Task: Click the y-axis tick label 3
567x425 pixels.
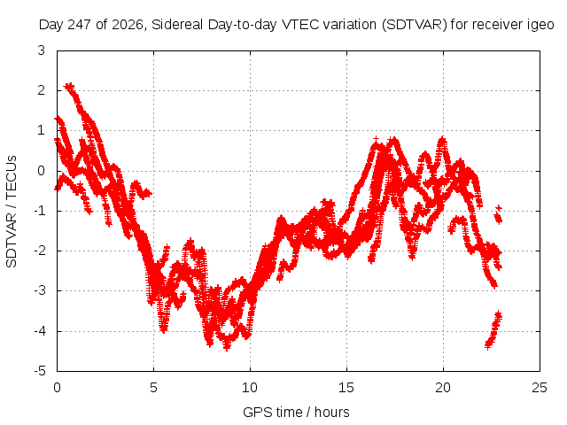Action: tap(42, 50)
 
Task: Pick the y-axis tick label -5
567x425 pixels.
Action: tap(40, 371)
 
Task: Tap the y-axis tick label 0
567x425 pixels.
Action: tap(42, 171)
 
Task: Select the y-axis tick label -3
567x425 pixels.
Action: tap(40, 290)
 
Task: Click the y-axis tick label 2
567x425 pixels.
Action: tap(42, 90)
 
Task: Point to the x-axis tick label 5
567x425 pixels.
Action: tap(153, 388)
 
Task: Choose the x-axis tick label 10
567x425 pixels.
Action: tap(250, 388)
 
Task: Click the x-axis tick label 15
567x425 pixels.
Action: tap(346, 388)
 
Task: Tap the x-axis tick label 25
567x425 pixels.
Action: tap(540, 388)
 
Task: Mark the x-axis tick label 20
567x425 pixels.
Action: tap(443, 388)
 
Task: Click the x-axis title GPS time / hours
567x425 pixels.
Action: tap(296, 413)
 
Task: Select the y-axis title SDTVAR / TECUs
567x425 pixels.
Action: tap(12, 212)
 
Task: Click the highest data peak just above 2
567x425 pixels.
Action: tap(69, 87)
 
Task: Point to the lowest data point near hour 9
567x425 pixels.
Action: tap(227, 348)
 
